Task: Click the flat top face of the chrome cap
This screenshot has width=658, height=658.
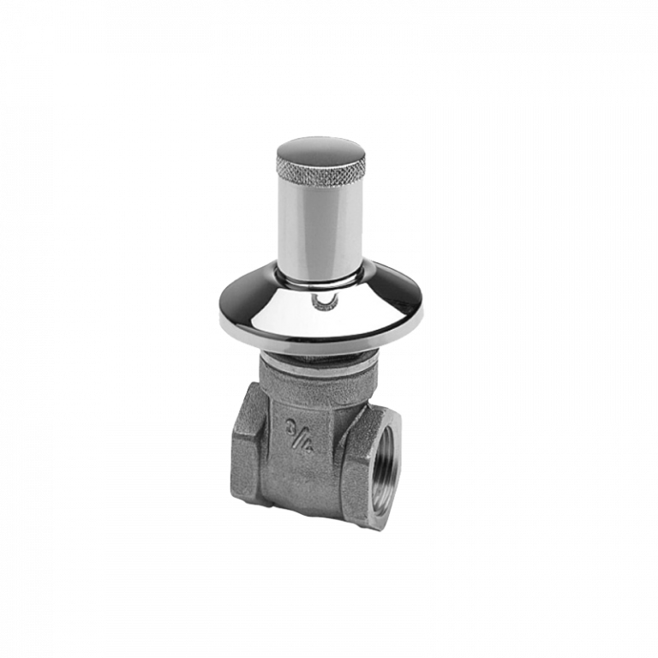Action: click(x=320, y=148)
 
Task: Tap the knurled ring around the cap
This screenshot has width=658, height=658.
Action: click(x=320, y=167)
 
